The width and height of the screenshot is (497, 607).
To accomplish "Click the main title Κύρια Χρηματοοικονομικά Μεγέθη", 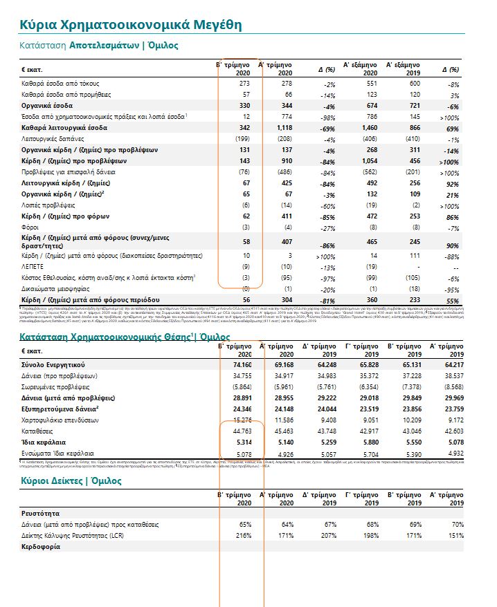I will [x=131, y=25].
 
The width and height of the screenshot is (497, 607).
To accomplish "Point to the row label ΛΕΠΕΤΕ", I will [x=33, y=266].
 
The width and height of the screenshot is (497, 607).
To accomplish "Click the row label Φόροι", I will [x=30, y=227].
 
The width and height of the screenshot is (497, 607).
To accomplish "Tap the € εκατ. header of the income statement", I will [x=33, y=70].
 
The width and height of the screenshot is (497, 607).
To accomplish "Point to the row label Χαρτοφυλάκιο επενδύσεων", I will [x=61, y=419].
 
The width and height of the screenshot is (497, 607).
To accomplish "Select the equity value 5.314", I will [x=240, y=441].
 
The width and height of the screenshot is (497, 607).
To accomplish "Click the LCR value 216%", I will [x=242, y=536].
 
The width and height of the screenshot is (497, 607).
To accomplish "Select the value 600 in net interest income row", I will [x=410, y=83].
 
